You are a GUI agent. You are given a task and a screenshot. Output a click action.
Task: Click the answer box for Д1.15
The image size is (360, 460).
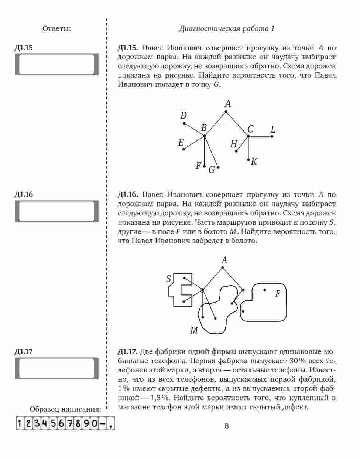pyautogui.click(x=56, y=64)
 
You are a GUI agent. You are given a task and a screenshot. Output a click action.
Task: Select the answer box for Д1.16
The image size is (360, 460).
pyautogui.click(x=56, y=211)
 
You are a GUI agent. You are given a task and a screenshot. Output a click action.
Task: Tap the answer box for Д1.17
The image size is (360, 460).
pyautogui.click(x=56, y=368)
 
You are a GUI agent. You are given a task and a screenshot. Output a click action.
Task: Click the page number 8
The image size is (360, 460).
pyautogui.click(x=226, y=426)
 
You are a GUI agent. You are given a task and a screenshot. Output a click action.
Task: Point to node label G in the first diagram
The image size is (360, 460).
pyautogui.click(x=212, y=170)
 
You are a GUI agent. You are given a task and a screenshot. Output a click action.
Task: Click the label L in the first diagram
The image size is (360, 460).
pyautogui.click(x=273, y=130)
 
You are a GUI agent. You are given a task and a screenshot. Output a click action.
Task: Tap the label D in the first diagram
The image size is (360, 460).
pyautogui.click(x=184, y=116)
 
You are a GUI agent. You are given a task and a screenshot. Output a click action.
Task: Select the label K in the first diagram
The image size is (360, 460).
pyautogui.click(x=254, y=161)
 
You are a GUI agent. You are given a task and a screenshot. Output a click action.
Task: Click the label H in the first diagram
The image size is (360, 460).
pyautogui.click(x=234, y=144)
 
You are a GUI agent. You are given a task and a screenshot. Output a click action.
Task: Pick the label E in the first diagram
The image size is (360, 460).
pyautogui.click(x=181, y=143)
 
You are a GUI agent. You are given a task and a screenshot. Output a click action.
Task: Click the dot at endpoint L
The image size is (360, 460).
pyautogui.click(x=272, y=136)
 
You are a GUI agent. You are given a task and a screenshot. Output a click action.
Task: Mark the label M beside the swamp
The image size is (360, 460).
pyautogui.click(x=194, y=330)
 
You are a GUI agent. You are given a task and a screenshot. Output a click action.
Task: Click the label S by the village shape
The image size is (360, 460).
pyautogui.click(x=169, y=279)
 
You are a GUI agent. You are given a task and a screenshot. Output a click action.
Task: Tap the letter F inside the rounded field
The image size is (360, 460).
pyautogui.click(x=278, y=294)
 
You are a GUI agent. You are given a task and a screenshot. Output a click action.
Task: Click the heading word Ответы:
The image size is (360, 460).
pyautogui.click(x=56, y=28)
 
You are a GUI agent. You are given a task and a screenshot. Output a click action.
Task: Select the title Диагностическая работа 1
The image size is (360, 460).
pyautogui.click(x=226, y=29)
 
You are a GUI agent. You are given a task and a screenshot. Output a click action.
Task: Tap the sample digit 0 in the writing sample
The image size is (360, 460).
pyautogui.click(x=93, y=423)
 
